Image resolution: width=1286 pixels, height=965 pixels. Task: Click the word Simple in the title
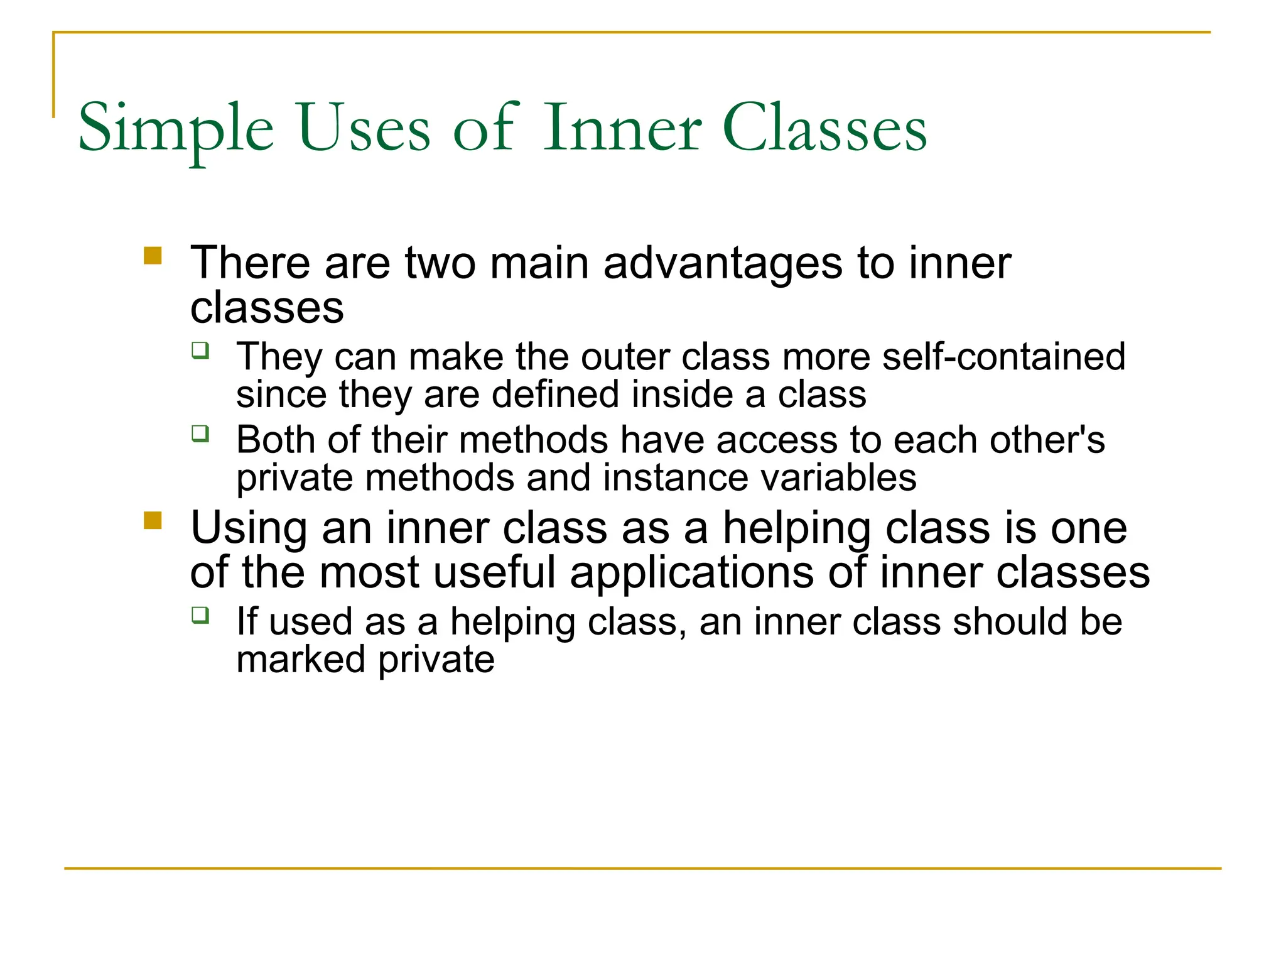[176, 129]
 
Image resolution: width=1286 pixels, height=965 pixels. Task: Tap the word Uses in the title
[364, 128]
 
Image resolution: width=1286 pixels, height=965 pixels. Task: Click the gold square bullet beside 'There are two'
[153, 256]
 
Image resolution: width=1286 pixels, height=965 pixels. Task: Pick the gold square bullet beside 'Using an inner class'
[153, 521]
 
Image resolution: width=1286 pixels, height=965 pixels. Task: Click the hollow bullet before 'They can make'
[200, 350]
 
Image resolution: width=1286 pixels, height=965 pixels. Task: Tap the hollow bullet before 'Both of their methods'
[200, 433]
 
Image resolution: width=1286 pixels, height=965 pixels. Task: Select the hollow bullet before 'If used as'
[200, 615]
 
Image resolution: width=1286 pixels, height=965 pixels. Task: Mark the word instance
[675, 478]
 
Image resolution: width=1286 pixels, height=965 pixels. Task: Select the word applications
[691, 574]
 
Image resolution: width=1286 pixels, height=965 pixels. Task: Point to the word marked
[301, 660]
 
